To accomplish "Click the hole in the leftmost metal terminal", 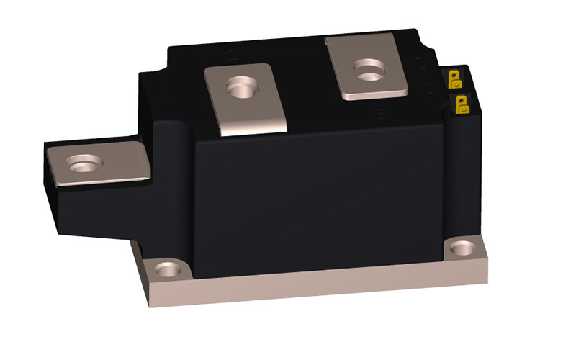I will point(80,166).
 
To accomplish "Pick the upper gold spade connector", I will point(456,78).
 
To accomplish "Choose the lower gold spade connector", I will point(462,104).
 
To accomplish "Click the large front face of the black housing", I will point(317,194).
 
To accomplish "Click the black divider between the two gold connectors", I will point(459,90).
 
